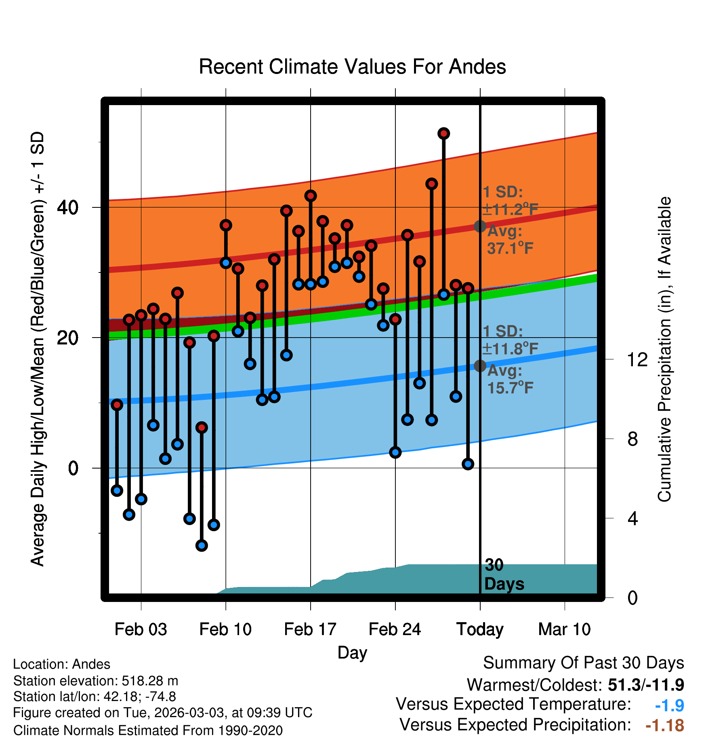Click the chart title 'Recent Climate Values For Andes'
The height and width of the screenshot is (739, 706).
tap(352, 67)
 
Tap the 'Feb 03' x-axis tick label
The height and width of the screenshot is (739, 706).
tap(141, 629)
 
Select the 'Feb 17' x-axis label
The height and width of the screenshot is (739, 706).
tap(310, 629)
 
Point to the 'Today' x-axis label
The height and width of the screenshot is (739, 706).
tap(480, 630)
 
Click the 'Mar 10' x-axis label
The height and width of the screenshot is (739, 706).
tap(565, 629)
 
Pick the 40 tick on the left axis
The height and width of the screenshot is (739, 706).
tap(68, 207)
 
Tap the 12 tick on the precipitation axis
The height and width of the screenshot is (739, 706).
tap(637, 359)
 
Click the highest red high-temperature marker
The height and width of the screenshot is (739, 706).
tap(444, 133)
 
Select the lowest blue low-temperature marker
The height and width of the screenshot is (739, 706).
tap(202, 545)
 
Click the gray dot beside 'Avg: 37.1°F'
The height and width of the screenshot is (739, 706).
tap(480, 226)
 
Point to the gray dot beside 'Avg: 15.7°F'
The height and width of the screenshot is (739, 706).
tap(480, 365)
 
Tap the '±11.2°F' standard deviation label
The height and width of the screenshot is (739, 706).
tap(511, 209)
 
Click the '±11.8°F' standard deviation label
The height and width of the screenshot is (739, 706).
tap(511, 348)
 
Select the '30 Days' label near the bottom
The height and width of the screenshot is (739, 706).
tap(504, 574)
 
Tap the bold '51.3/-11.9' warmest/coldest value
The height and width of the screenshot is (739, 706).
tap(646, 685)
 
